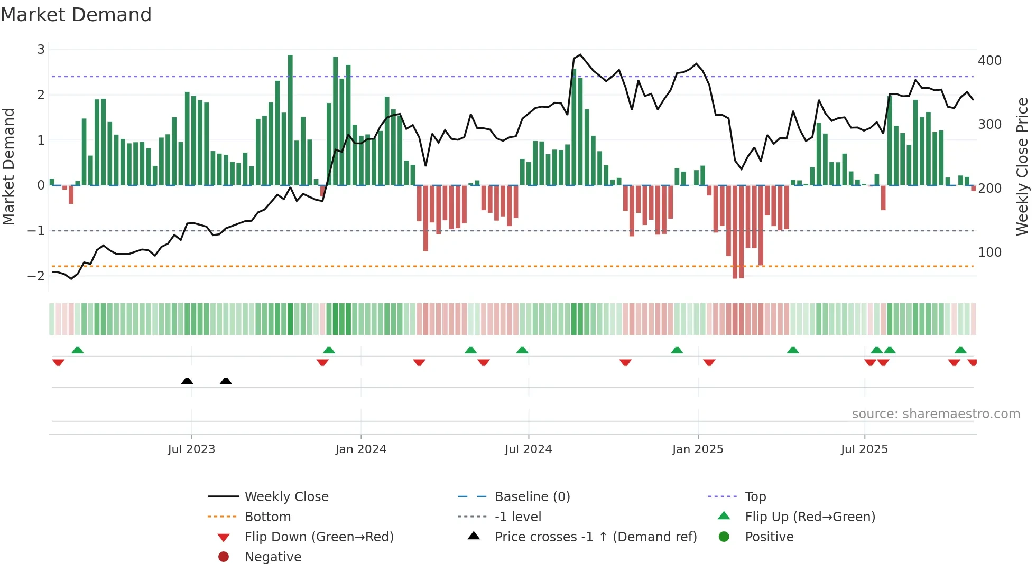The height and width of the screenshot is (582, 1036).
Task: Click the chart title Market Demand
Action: pyautogui.click(x=76, y=15)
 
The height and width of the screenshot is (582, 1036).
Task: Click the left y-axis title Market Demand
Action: pyautogui.click(x=9, y=167)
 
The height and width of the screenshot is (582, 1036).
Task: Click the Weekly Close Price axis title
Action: pyautogui.click(x=1022, y=167)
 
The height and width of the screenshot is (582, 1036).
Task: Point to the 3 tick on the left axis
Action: pyautogui.click(x=41, y=50)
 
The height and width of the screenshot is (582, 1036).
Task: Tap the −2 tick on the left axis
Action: pyautogui.click(x=36, y=276)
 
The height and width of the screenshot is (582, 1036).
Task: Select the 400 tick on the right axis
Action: pyautogui.click(x=989, y=61)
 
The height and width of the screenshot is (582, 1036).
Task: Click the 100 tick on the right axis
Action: pyautogui.click(x=989, y=252)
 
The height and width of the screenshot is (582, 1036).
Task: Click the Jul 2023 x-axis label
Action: pyautogui.click(x=191, y=449)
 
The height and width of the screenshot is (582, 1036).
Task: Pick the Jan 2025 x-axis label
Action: pyautogui.click(x=698, y=449)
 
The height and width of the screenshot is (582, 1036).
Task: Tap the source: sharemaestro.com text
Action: pyautogui.click(x=936, y=414)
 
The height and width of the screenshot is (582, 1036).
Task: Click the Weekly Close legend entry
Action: pyautogui.click(x=286, y=497)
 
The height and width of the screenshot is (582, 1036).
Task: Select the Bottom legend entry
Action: pyautogui.click(x=267, y=517)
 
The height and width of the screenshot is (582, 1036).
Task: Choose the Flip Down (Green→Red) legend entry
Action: pyautogui.click(x=319, y=537)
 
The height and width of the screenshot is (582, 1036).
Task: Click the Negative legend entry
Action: pyautogui.click(x=273, y=557)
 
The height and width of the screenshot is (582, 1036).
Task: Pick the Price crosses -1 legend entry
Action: pyautogui.click(x=595, y=537)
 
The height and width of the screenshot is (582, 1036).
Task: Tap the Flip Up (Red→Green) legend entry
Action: pyautogui.click(x=810, y=517)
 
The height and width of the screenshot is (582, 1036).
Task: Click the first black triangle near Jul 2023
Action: pyautogui.click(x=187, y=381)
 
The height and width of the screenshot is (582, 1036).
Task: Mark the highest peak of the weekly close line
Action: pyautogui.click(x=580, y=54)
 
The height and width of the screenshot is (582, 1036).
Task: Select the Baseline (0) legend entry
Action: pyautogui.click(x=532, y=497)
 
